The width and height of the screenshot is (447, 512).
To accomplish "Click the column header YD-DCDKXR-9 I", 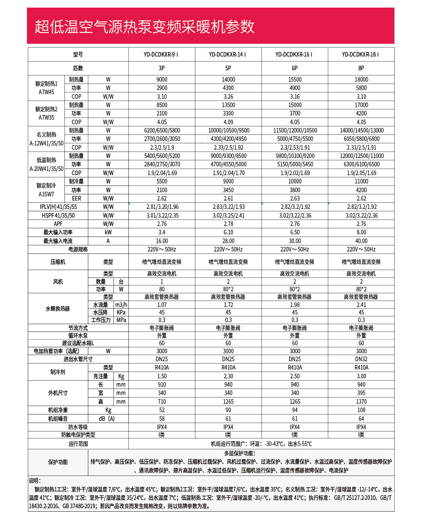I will tap(162, 54).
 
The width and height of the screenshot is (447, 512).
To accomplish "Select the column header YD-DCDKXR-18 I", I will tap(361, 54).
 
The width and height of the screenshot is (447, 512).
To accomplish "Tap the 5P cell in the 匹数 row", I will tap(228, 68).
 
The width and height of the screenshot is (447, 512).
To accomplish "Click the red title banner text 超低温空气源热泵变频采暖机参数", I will tap(145, 27).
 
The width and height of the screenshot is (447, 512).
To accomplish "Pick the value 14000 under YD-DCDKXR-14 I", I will tap(228, 79).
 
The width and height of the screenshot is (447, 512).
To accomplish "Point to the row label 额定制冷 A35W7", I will tap(46, 190).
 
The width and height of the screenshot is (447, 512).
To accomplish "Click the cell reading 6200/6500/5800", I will tap(162, 130).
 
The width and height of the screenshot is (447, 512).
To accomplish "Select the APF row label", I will tap(58, 224).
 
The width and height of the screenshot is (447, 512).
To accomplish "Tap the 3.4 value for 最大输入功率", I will tap(162, 232).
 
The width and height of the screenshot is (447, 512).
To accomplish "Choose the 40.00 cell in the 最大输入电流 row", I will tap(361, 241).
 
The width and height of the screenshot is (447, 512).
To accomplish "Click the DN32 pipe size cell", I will tap(361, 359).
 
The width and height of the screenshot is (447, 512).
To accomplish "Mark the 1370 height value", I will tap(361, 401).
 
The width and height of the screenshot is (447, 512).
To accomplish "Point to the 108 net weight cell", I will tap(361, 410).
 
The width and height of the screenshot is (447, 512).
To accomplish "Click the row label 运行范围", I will tap(78, 444).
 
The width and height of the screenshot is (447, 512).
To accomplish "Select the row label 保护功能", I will tap(58, 462).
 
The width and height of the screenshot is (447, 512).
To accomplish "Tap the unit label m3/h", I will tap(121, 305).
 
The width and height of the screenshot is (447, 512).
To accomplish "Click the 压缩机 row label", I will tap(58, 262).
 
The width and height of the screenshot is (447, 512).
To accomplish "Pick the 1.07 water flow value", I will tap(162, 305).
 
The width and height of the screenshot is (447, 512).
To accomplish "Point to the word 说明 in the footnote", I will tap(35, 480).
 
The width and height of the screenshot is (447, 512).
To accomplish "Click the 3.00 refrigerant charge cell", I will tap(361, 376).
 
